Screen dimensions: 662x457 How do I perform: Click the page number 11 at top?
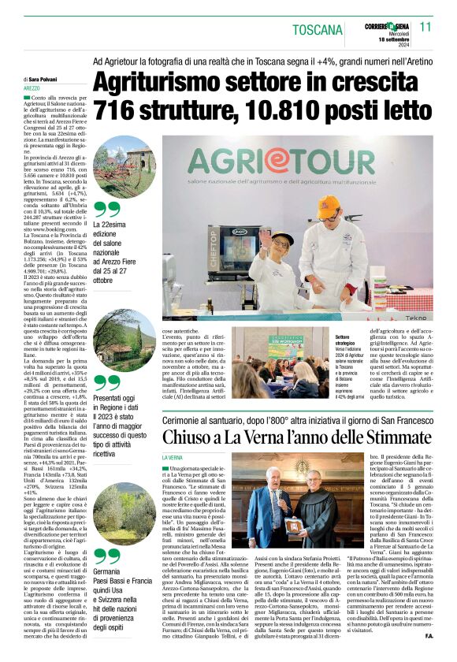[x=426, y=26]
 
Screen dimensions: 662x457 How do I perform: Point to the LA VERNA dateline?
[x=173, y=458]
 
